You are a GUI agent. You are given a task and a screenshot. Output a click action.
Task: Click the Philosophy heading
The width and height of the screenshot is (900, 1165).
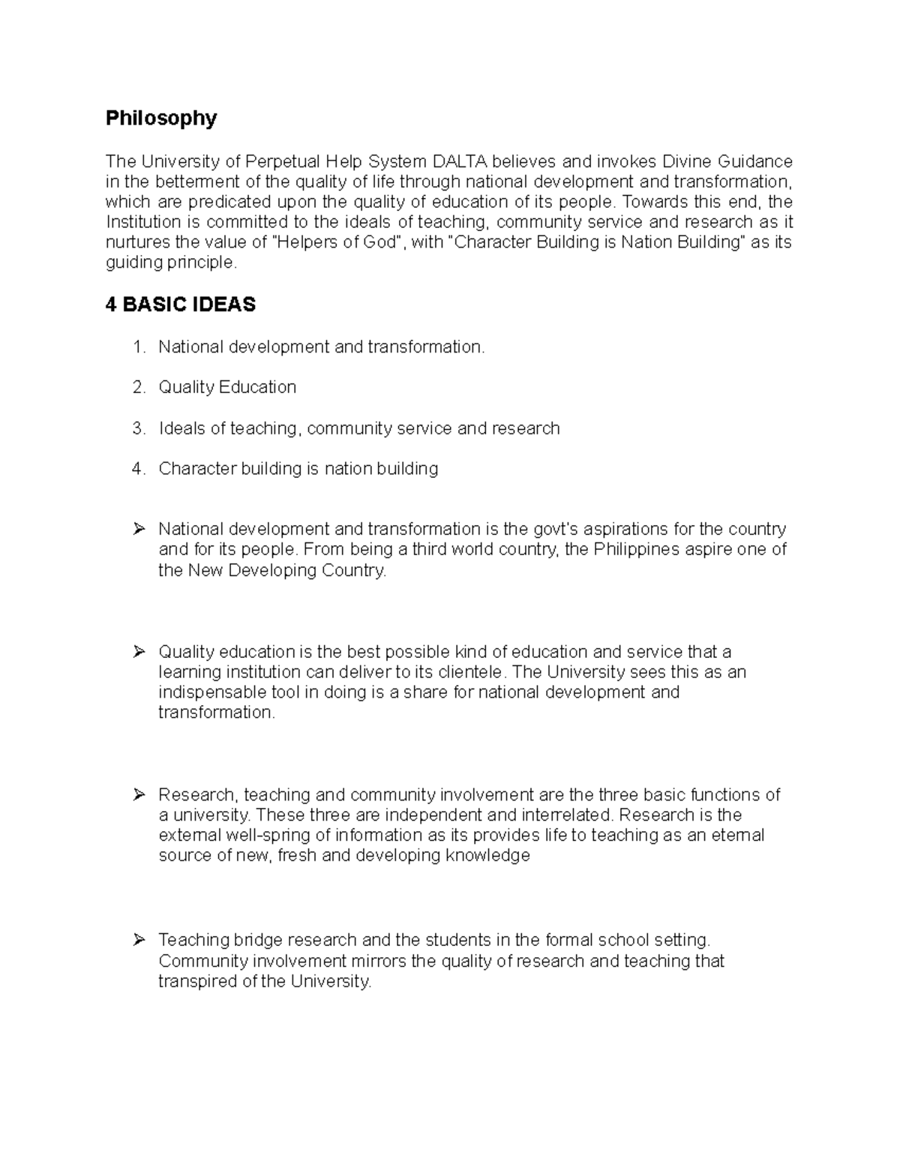(161, 119)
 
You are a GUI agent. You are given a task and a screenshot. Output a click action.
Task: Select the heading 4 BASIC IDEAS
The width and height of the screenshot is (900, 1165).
(181, 305)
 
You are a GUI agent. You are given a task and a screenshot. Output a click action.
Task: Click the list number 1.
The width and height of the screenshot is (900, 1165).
(137, 347)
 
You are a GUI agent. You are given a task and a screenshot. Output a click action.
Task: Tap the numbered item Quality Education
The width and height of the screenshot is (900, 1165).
(227, 388)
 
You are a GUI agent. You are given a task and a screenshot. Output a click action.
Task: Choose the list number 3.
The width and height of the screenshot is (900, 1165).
(137, 428)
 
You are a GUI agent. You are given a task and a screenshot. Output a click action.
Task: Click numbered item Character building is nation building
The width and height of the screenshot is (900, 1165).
(298, 469)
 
